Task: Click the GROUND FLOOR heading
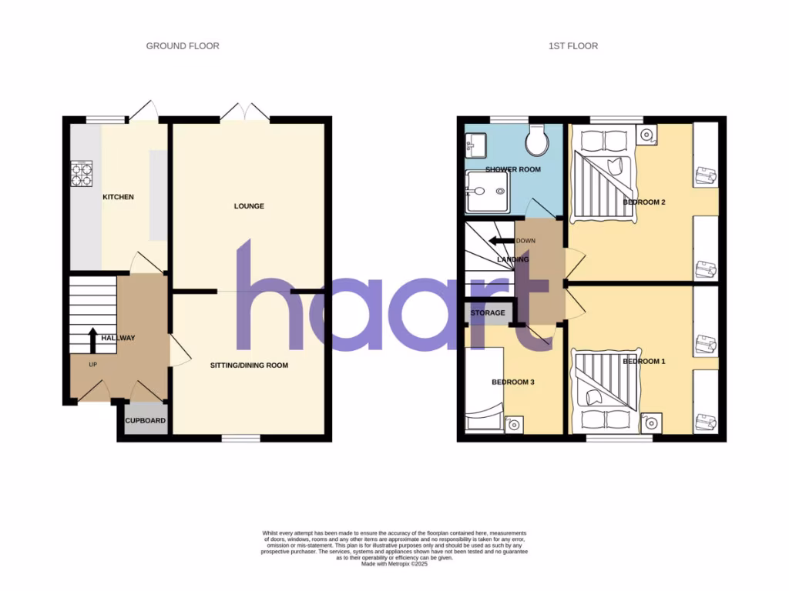pyautogui.click(x=183, y=46)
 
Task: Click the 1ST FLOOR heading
pyautogui.click(x=572, y=46)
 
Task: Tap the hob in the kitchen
pyautogui.click(x=82, y=173)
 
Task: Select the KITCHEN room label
pyautogui.click(x=119, y=197)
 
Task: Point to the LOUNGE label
pyautogui.click(x=250, y=206)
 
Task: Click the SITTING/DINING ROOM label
pyautogui.click(x=249, y=366)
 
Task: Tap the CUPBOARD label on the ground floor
pyautogui.click(x=146, y=421)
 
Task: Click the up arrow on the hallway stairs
pyautogui.click(x=92, y=339)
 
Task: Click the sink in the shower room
pyautogui.click(x=473, y=144)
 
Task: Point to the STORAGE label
pyautogui.click(x=489, y=313)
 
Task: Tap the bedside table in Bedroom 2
pyautogui.click(x=646, y=134)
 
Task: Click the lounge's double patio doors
pyautogui.click(x=245, y=113)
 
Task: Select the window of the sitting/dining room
pyautogui.click(x=240, y=439)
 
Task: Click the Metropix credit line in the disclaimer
pyautogui.click(x=394, y=564)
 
